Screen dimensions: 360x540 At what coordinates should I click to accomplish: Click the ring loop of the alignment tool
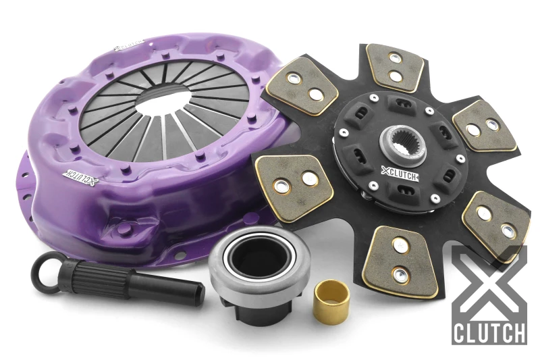click(47, 268)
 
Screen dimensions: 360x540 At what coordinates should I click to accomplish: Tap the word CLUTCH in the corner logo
click(489, 333)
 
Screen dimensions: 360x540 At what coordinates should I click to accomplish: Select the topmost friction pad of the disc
click(395, 68)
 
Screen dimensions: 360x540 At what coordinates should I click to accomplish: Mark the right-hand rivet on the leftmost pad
click(309, 178)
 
